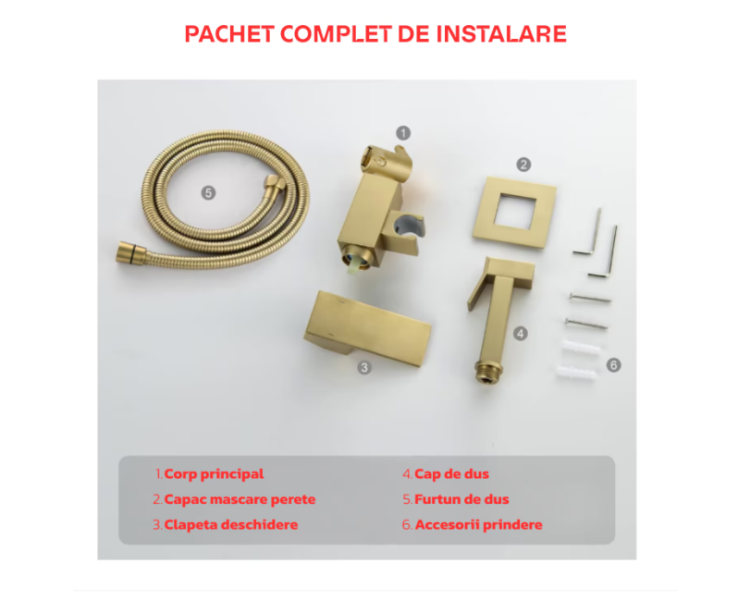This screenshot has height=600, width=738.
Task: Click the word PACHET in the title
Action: pyautogui.click(x=229, y=34)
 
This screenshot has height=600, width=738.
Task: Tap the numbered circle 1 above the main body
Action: pyautogui.click(x=403, y=133)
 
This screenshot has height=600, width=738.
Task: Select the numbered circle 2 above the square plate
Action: pyautogui.click(x=523, y=165)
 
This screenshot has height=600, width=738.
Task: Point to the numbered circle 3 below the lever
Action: pyautogui.click(x=364, y=368)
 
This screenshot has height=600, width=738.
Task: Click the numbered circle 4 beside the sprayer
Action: pyautogui.click(x=520, y=334)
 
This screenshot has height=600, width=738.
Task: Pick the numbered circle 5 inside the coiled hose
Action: pyautogui.click(x=208, y=192)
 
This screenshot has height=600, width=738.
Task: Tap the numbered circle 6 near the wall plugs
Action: pyautogui.click(x=613, y=364)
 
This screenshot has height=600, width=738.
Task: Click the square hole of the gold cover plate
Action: pyautogui.click(x=515, y=212)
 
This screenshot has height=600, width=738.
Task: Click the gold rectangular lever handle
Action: pyautogui.click(x=367, y=328)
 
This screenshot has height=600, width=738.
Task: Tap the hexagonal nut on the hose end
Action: pyautogui.click(x=274, y=186)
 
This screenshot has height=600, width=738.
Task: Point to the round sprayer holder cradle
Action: pyautogui.click(x=405, y=228)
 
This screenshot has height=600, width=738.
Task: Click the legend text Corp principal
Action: pyautogui.click(x=215, y=474)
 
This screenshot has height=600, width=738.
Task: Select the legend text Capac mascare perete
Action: pyautogui.click(x=240, y=499)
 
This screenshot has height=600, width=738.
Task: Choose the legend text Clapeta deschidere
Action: pyautogui.click(x=231, y=525)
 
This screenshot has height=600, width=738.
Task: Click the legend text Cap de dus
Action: pyautogui.click(x=452, y=474)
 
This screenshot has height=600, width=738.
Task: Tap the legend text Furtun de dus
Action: pyautogui.click(x=461, y=499)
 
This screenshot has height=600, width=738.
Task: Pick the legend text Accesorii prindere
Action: pyautogui.click(x=479, y=525)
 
